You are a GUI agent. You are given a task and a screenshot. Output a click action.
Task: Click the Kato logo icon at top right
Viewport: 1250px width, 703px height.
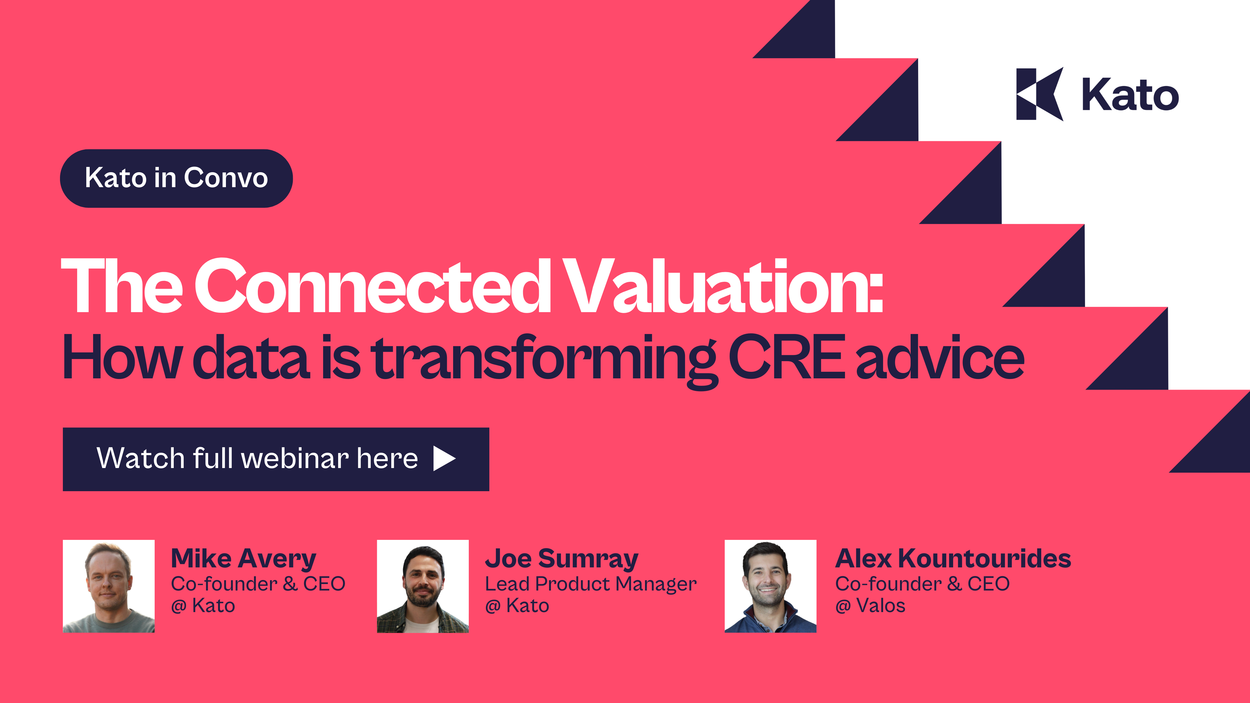point(1039,94)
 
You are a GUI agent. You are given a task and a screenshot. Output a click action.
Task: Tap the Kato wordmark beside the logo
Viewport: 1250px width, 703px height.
point(1130,95)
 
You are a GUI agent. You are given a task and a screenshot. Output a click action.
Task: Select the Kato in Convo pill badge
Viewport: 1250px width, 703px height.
point(176,178)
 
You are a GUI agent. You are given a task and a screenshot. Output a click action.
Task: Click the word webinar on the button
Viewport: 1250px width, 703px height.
point(295,458)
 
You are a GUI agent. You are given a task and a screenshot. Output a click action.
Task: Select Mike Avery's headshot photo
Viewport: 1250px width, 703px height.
point(109,586)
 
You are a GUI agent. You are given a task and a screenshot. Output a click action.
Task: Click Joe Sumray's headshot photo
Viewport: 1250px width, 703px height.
point(422,586)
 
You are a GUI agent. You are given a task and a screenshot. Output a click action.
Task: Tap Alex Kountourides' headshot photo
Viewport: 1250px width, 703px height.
point(770,586)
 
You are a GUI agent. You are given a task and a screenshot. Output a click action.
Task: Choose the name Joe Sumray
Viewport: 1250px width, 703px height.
point(562,559)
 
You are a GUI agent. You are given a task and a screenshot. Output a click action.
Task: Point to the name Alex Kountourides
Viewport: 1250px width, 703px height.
point(952,559)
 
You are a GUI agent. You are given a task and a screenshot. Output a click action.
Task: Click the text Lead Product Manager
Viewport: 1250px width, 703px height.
point(591,584)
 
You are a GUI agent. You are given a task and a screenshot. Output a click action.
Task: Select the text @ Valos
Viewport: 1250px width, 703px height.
point(870,606)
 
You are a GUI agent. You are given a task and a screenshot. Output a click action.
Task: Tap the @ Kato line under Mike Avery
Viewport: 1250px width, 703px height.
point(203,606)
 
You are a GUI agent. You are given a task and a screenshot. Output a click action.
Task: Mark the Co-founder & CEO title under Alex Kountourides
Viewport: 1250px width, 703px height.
point(922,584)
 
